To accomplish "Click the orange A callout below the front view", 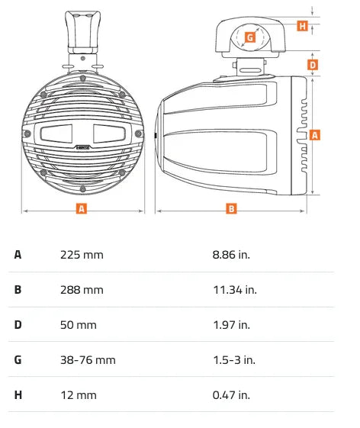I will point(82,208).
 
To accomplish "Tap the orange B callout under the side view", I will point(232,208).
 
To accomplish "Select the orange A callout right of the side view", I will point(314,135).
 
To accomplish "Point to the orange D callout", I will point(313,65).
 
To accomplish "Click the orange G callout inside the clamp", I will point(250,36).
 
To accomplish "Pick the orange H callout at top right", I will point(302,26).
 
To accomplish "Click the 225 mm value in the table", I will point(82,254).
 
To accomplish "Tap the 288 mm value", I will point(82,289).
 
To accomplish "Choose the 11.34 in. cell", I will point(234,289).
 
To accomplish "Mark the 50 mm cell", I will point(79,325).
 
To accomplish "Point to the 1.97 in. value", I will point(231,325).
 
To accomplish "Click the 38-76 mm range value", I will point(88,360).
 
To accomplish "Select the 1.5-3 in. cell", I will point(233,360).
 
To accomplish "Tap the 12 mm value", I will point(79,395).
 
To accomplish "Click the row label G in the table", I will point(18,360).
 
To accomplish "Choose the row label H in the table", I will point(18,395).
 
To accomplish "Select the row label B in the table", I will point(18,289).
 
